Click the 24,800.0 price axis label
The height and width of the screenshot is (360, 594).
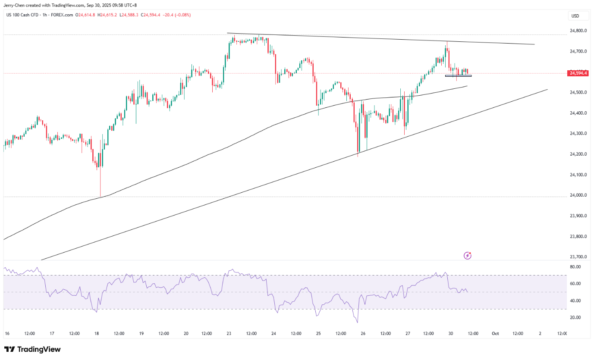pyautogui.click(x=578, y=31)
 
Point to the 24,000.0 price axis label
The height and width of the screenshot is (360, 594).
pyautogui.click(x=578, y=195)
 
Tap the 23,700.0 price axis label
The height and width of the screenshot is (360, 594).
pyautogui.click(x=578, y=257)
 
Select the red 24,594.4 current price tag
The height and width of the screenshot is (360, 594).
pyautogui.click(x=578, y=73)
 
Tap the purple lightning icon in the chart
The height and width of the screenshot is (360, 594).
pyautogui.click(x=467, y=256)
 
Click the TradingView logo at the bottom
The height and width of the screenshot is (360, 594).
pyautogui.click(x=32, y=349)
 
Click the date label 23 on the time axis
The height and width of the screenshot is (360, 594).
pyautogui.click(x=228, y=333)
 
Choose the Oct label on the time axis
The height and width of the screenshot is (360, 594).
pyautogui.click(x=496, y=333)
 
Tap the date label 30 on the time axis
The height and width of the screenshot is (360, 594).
pyautogui.click(x=451, y=333)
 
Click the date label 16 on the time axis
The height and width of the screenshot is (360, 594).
pyautogui.click(x=6, y=333)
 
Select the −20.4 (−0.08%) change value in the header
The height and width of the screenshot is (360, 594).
pyautogui.click(x=174, y=15)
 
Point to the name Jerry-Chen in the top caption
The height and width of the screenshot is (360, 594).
pyautogui.click(x=15, y=4)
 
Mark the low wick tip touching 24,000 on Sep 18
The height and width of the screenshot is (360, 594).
pyautogui.click(x=100, y=197)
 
